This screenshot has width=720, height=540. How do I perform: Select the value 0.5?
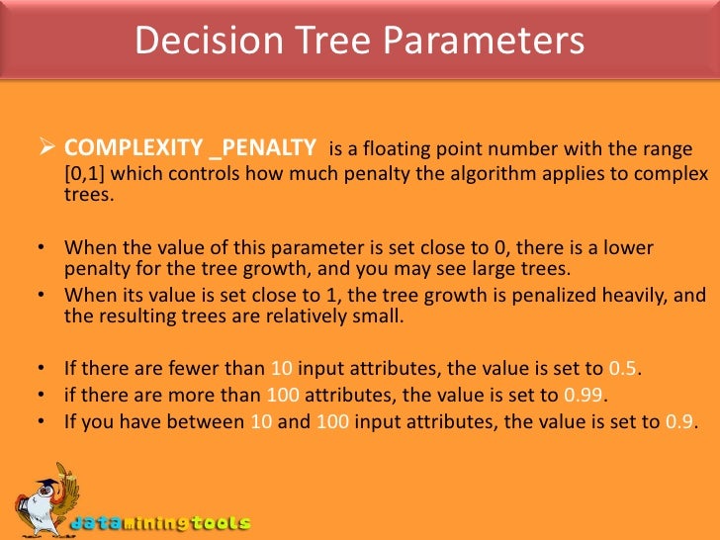tap(623, 369)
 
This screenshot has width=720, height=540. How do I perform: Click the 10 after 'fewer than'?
tap(281, 369)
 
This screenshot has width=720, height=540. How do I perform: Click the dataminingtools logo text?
tap(161, 523)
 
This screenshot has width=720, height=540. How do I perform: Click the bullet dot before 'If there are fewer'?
tap(38, 370)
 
